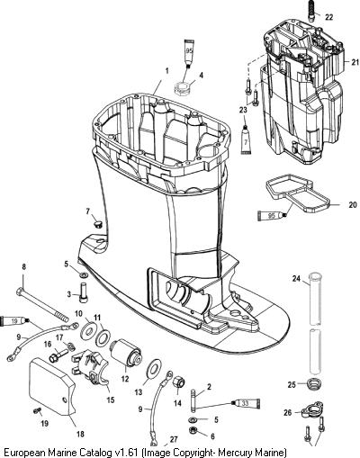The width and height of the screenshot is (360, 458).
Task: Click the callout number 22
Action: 328,17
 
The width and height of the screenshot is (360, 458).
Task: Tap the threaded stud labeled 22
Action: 311,11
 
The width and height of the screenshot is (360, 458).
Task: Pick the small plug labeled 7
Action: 97,224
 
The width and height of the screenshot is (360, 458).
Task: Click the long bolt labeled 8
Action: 43,305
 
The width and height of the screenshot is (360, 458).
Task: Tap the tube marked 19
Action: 15,321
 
